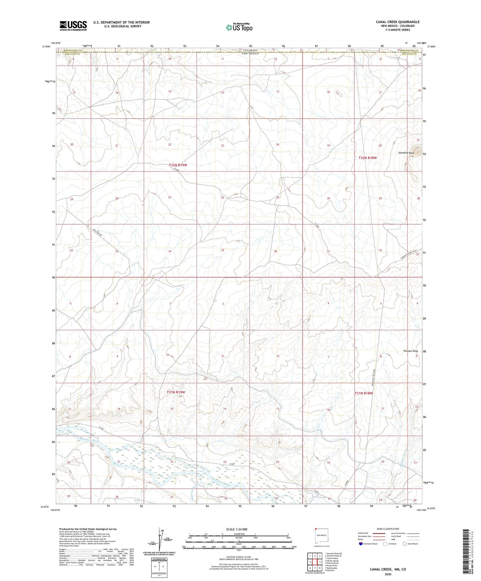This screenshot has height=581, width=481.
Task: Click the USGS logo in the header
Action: [73, 26]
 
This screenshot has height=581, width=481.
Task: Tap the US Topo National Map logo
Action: [239, 28]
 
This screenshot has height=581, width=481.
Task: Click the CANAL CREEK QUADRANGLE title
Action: [398, 22]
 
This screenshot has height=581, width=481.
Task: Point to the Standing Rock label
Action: [406, 153]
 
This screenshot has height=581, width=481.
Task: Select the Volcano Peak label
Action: [410, 351]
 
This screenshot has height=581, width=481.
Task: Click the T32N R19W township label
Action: [178, 165]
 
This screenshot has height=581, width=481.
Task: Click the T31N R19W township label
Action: [176, 392]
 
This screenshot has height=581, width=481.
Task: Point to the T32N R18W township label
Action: [367, 158]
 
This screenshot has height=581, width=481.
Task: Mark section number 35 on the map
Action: [222, 250]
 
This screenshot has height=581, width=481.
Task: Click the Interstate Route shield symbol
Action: [361, 544]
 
